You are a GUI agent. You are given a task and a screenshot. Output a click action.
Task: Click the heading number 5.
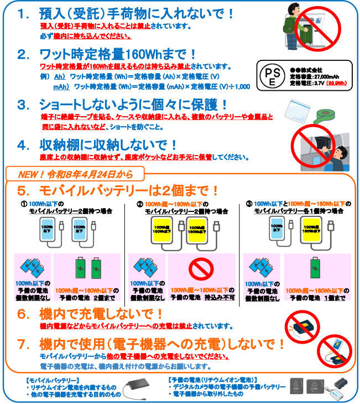pyautogui.click(x=23, y=191)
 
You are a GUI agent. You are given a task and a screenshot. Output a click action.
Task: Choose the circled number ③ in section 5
pyautogui.click(x=249, y=204)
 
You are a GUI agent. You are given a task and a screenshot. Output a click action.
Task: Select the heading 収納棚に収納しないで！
pyautogui.click(x=108, y=145)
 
